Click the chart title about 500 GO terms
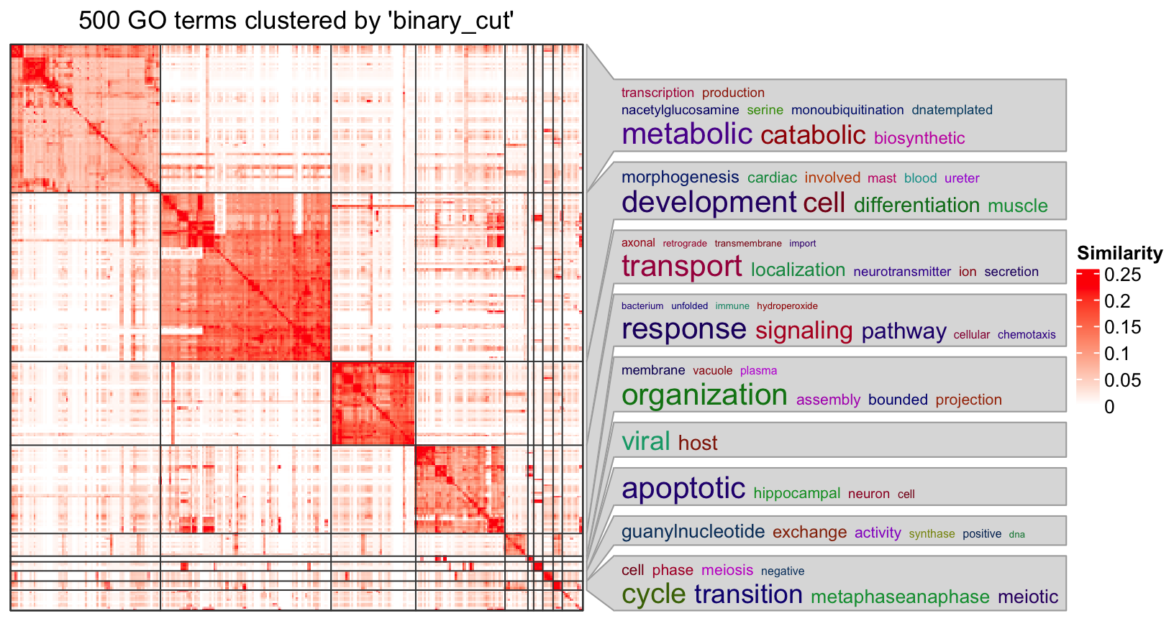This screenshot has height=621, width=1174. point(296,21)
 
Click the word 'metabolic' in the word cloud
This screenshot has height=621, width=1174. point(686,134)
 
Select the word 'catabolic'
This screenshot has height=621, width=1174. point(813,135)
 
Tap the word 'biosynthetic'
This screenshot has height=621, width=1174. point(919,138)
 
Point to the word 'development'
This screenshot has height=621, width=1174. point(709,203)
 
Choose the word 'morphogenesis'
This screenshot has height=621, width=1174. point(680,178)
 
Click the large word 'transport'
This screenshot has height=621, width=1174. point(681,267)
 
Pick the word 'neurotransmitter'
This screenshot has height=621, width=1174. point(901,272)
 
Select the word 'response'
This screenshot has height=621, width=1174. point(683,329)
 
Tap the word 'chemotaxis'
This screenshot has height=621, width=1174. point(1027,335)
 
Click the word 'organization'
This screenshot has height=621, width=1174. point(704,395)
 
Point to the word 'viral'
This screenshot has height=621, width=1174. point(645,441)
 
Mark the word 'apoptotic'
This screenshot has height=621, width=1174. point(683,489)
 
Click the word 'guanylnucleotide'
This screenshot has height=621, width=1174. point(693,532)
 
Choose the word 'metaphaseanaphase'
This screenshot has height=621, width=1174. point(900,597)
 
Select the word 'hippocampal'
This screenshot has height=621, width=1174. point(796,494)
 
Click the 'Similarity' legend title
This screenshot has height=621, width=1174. point(1119,253)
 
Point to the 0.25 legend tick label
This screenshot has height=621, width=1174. point(1122,275)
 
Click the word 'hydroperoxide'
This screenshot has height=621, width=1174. point(787,306)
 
